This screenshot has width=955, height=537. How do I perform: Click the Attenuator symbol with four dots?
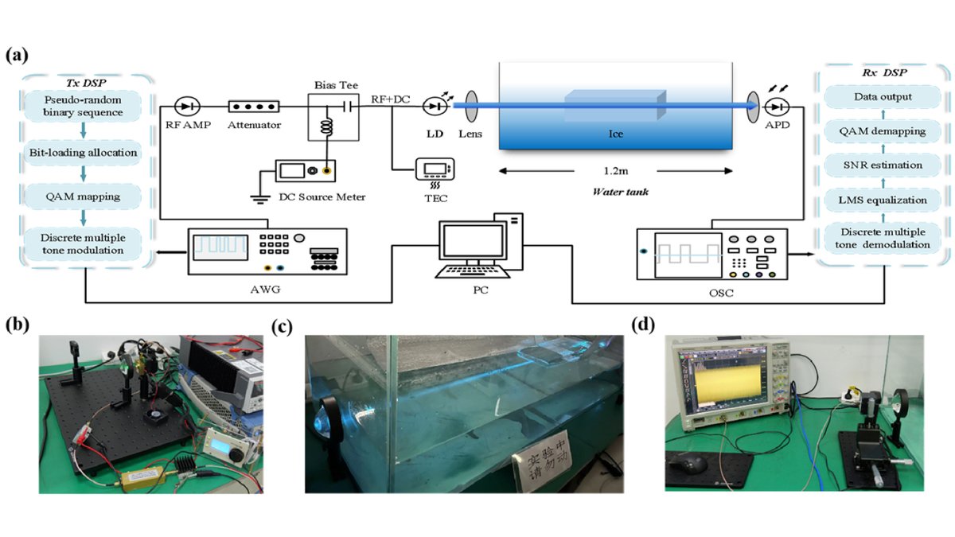click(x=253, y=106)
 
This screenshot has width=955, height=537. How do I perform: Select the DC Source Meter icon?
click(x=305, y=170)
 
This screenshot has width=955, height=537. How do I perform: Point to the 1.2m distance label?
click(x=615, y=169)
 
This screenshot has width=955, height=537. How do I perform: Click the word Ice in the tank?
click(x=615, y=134)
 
